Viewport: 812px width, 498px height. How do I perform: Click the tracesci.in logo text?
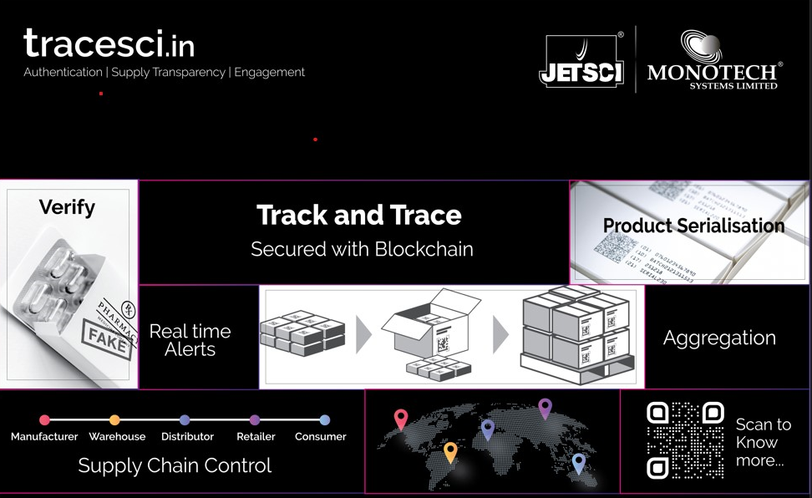click(x=109, y=43)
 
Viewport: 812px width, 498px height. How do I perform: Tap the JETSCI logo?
click(x=581, y=61)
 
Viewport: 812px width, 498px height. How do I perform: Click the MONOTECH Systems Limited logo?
click(x=714, y=60)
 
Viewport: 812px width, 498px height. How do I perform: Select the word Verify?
click(x=67, y=206)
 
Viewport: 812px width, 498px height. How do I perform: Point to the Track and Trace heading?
click(x=358, y=215)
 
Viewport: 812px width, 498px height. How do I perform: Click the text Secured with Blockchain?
click(x=362, y=249)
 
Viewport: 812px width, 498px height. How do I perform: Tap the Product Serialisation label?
click(x=693, y=226)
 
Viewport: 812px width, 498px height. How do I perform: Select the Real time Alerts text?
click(x=190, y=340)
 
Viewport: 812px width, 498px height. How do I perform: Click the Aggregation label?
click(x=719, y=338)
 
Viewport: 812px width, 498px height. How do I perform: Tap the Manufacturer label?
click(x=44, y=436)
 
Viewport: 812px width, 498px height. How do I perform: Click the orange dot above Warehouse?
click(x=114, y=420)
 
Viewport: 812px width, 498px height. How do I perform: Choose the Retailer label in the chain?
click(x=255, y=436)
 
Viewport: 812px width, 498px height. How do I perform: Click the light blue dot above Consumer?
click(x=324, y=420)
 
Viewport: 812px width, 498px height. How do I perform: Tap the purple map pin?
click(x=545, y=409)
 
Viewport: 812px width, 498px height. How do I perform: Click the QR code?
click(x=685, y=440)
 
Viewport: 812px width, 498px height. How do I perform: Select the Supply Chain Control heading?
click(x=175, y=465)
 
